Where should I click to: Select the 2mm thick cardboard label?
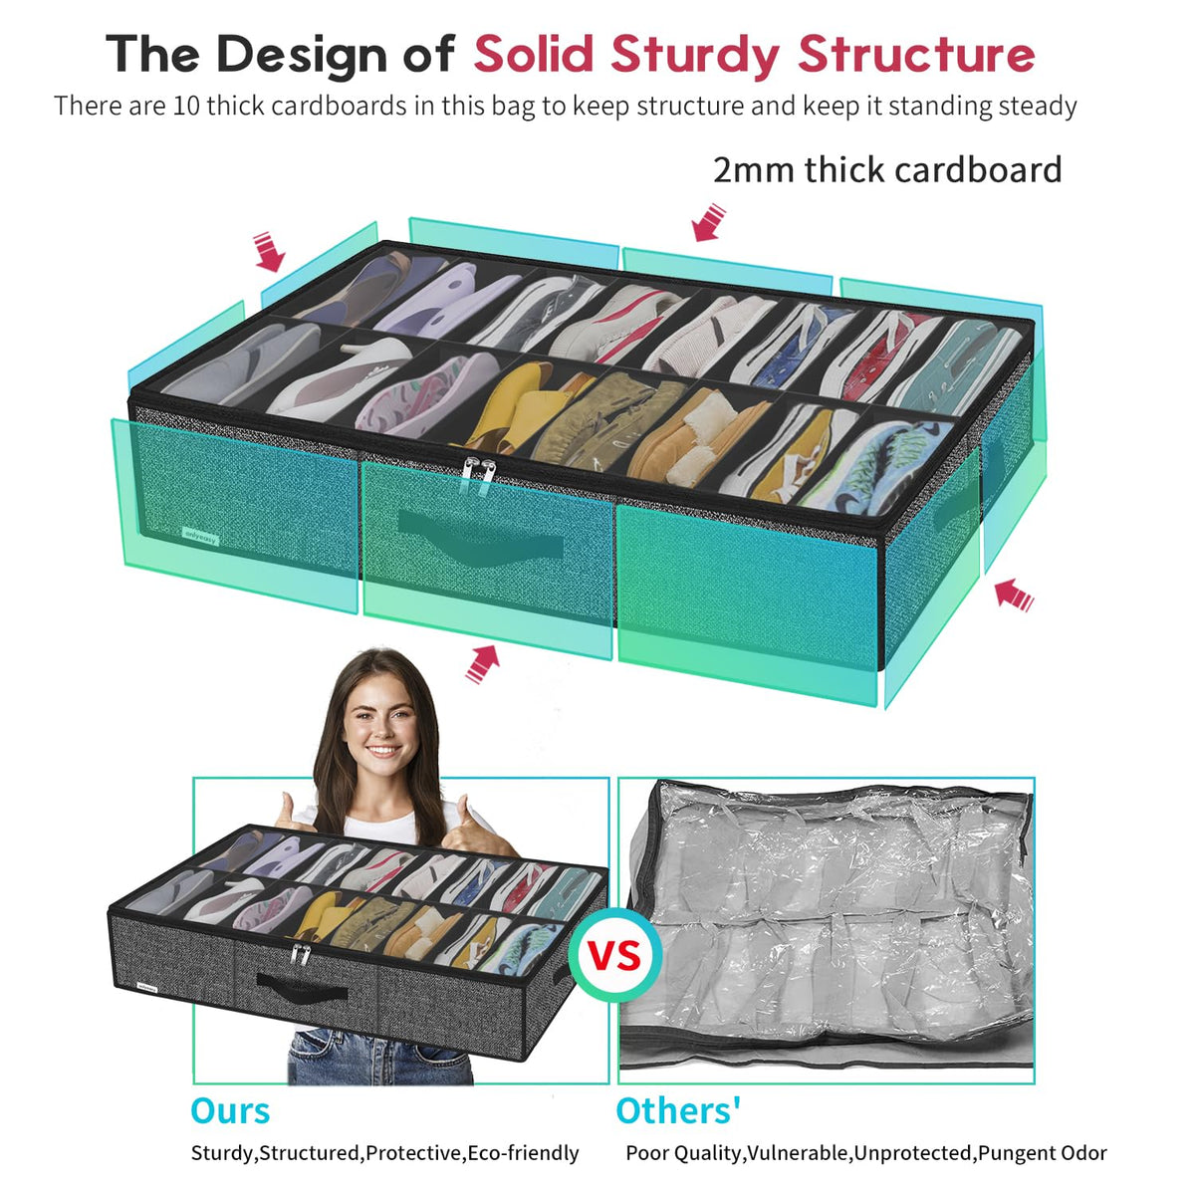887,170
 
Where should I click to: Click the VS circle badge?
614,955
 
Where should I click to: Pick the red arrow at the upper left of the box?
269,252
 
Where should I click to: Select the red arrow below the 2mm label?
708,222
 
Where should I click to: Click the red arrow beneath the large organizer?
482,663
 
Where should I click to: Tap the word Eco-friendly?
523,1153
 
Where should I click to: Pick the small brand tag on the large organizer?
200,536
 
